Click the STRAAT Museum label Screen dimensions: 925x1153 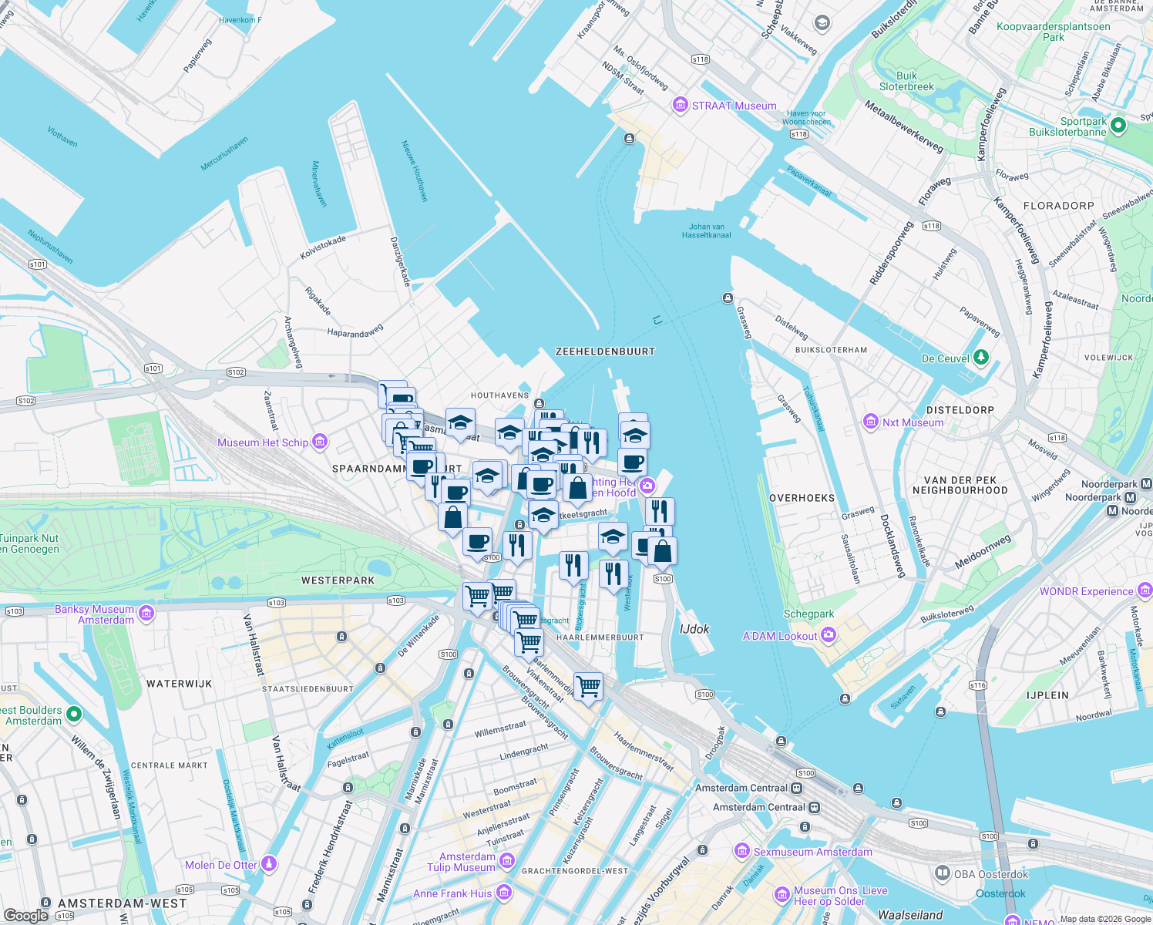tap(734, 106)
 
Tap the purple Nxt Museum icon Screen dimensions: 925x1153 tap(871, 422)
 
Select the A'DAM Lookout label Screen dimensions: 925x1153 tap(779, 636)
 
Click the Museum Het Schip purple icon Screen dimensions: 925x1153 tap(320, 442)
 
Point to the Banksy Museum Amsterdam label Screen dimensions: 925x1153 tap(95, 614)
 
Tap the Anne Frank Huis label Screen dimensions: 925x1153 tap(452, 893)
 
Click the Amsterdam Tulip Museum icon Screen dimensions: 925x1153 tap(506, 861)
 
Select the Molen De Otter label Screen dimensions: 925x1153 tap(221, 865)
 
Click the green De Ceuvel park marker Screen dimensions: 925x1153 tap(980, 358)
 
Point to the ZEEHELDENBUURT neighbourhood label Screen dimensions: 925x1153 tap(605, 351)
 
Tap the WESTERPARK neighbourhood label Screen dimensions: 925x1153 tap(338, 580)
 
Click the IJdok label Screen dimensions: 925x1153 tap(694, 629)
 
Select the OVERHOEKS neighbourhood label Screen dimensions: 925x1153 tap(802, 498)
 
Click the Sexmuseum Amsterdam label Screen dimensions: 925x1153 tap(812, 852)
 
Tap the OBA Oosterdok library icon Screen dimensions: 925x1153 tap(942, 873)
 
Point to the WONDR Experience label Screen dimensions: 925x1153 tap(1086, 591)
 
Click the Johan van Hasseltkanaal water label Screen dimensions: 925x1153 tap(706, 230)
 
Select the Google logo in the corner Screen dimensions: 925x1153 tap(25, 915)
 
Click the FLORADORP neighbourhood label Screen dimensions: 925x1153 tap(1058, 206)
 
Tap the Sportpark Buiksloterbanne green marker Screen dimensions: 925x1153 tap(1120, 125)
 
